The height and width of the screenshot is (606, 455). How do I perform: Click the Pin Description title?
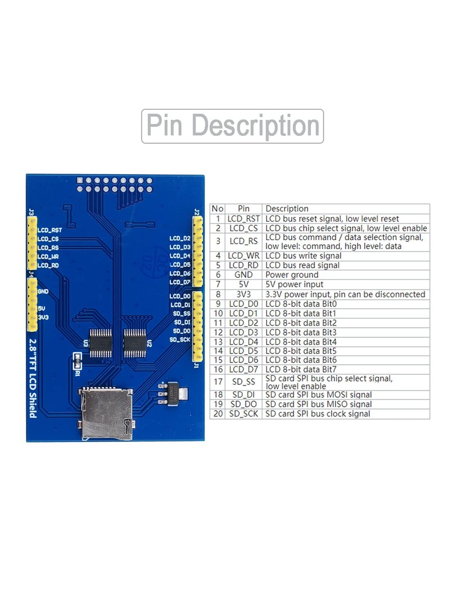[x=233, y=126]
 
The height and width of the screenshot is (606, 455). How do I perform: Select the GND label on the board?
[x=43, y=292]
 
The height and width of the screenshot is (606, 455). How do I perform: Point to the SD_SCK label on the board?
[x=180, y=339]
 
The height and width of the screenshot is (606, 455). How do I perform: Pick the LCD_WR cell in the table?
[x=244, y=256]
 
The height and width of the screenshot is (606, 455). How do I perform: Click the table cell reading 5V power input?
[x=294, y=284]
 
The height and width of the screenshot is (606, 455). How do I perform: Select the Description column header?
[x=287, y=209]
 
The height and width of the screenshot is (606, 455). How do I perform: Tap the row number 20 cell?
[x=218, y=414]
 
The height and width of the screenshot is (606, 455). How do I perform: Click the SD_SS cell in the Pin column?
[x=244, y=382]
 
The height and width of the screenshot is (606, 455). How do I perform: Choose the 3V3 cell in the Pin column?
[x=244, y=294]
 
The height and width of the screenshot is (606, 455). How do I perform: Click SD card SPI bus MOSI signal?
[x=319, y=394]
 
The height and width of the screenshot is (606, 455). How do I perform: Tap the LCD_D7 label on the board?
[x=180, y=282]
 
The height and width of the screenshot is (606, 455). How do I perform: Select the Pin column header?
[x=244, y=209]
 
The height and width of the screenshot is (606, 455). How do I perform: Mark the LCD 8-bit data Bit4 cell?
[x=301, y=342]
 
